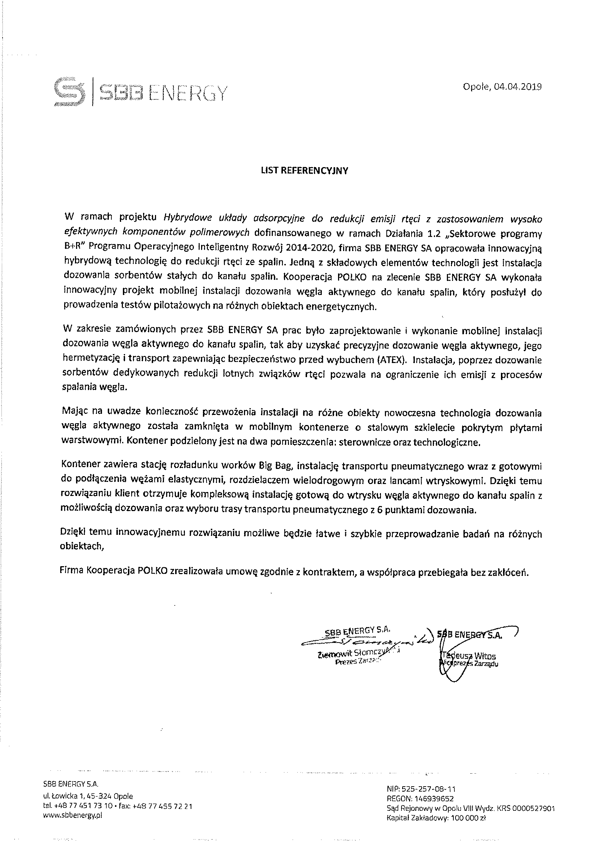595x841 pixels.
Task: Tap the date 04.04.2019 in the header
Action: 518,87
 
